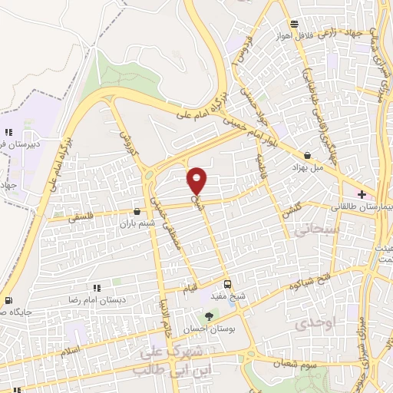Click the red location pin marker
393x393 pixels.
pos(197,180)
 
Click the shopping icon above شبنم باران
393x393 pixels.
pos(137,211)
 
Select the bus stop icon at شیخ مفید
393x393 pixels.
pos(226,282)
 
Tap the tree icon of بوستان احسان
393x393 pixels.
pos(209,315)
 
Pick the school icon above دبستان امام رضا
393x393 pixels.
pos(97,287)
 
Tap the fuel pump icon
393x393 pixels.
pos(8,300)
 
